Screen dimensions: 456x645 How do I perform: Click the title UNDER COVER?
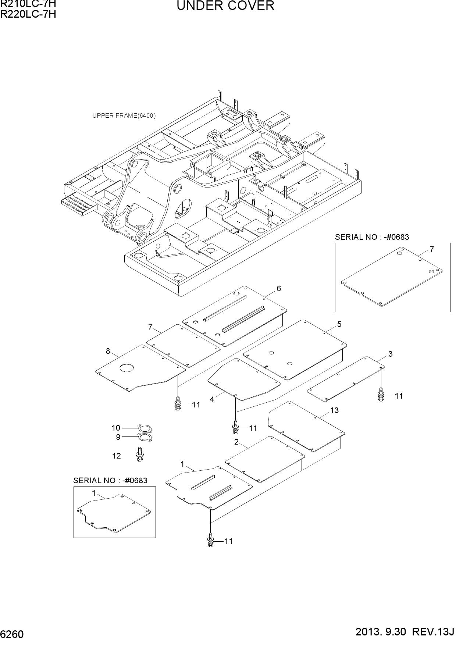(x=225, y=6)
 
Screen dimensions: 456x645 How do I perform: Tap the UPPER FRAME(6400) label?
(x=124, y=116)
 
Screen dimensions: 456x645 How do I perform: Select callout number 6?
(x=279, y=289)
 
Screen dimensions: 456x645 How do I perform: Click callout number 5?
(x=339, y=324)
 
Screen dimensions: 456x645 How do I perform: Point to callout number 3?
(x=391, y=354)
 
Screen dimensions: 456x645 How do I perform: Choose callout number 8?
(x=108, y=351)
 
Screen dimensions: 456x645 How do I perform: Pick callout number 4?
(x=212, y=399)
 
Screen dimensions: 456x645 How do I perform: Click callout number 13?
(x=334, y=410)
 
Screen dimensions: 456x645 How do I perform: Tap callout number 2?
(x=236, y=442)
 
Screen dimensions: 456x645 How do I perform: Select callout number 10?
(x=116, y=428)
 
